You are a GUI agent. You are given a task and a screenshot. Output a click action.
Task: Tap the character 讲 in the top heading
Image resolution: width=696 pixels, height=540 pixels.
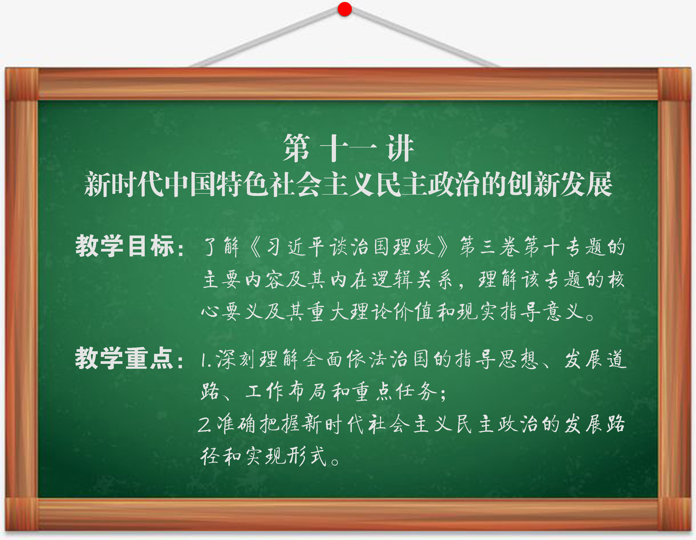(x=400, y=148)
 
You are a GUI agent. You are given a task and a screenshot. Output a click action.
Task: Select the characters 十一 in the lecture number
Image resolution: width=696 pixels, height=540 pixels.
(x=348, y=148)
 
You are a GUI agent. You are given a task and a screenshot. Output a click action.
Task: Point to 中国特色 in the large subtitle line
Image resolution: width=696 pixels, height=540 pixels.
(x=217, y=184)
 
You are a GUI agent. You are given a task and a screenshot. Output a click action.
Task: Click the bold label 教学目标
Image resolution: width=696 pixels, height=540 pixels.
(x=125, y=246)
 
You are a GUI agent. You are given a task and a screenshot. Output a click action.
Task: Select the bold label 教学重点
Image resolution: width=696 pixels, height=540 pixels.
(x=125, y=358)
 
